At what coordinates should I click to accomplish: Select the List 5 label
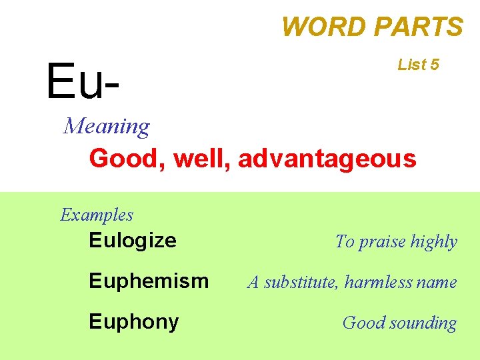[418, 65]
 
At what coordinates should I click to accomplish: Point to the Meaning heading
[107, 125]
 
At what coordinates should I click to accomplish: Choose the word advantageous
[327, 159]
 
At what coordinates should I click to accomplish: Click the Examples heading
[97, 215]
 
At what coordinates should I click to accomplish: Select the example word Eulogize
[133, 240]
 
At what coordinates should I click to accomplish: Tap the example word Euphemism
[149, 281]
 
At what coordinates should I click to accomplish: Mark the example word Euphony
[134, 322]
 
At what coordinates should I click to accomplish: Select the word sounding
[425, 323]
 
